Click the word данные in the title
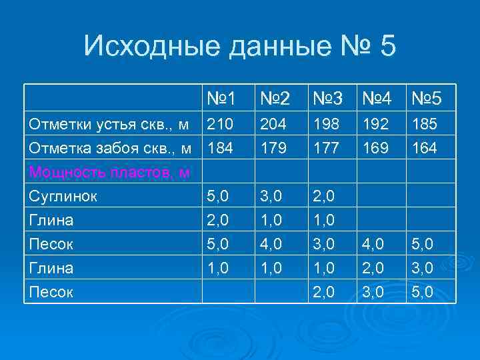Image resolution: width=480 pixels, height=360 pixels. point(275,47)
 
